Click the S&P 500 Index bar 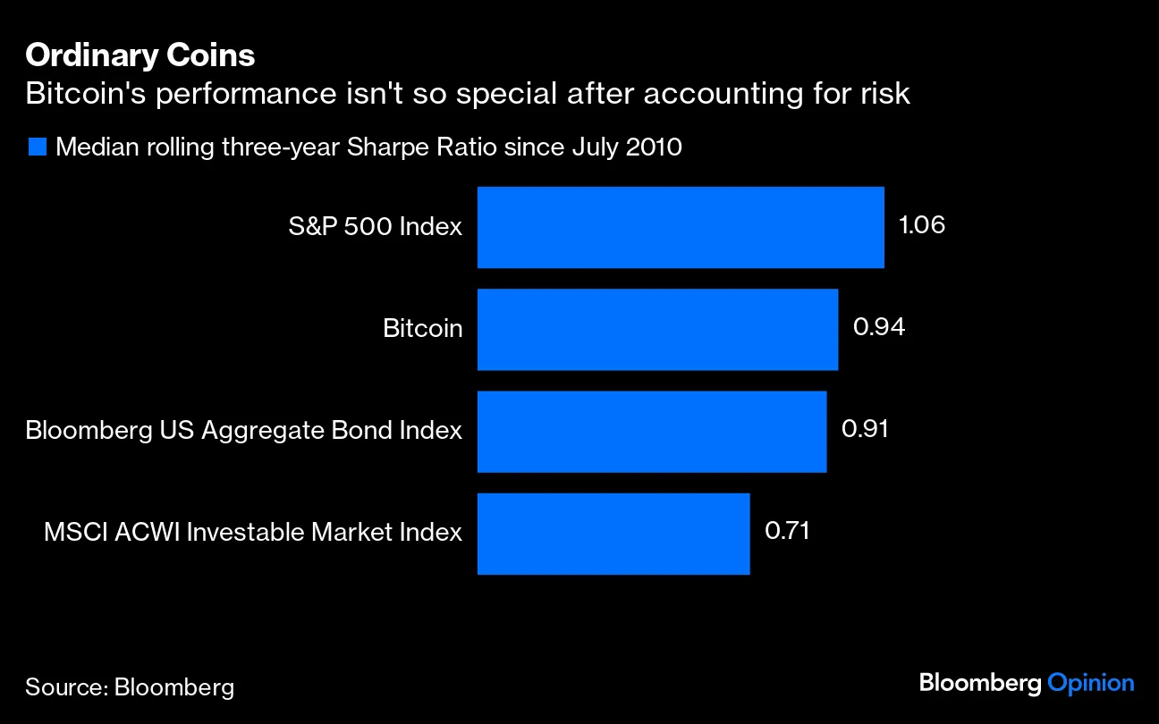click(680, 227)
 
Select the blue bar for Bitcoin click(657, 329)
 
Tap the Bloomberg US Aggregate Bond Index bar click(651, 431)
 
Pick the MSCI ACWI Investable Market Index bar click(613, 533)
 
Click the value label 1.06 click(921, 225)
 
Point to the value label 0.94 click(878, 327)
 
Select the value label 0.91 click(865, 429)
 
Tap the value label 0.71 click(787, 531)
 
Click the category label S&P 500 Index click(375, 227)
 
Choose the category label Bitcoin click(422, 329)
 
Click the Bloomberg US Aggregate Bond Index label click(243, 431)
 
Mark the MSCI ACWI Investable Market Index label click(253, 533)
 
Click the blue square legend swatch click(37, 147)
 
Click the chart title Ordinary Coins click(140, 55)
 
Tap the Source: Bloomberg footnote click(130, 686)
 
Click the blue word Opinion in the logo click(1091, 683)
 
